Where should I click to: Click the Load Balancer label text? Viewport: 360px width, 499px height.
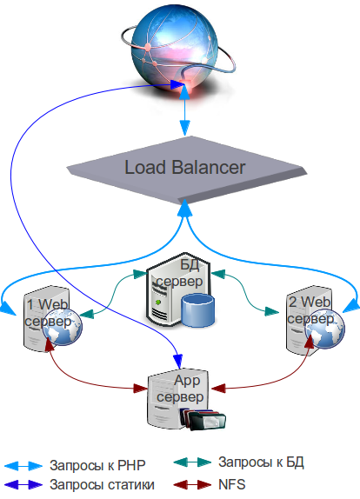(x=184, y=168)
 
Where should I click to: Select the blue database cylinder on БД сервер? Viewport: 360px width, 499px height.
(x=197, y=310)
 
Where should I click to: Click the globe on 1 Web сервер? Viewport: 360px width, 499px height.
(x=63, y=327)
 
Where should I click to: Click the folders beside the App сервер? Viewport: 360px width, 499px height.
(x=203, y=419)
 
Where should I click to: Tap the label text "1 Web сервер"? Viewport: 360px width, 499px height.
(x=48, y=313)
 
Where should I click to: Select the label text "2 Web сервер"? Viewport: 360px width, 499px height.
(x=310, y=310)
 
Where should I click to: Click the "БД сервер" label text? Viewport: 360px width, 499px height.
(x=179, y=273)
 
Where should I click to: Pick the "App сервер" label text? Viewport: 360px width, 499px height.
(x=180, y=389)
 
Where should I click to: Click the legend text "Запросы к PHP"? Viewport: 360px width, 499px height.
(x=97, y=466)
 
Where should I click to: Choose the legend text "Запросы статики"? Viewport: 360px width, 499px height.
(x=103, y=485)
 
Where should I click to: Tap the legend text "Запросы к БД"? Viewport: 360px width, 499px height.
(x=261, y=462)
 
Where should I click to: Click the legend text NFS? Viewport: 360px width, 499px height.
(x=231, y=484)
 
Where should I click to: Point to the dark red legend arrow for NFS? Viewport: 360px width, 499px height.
(x=192, y=485)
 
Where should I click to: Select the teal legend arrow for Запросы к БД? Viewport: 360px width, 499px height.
(x=192, y=462)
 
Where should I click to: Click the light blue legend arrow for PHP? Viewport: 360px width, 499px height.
(x=23, y=466)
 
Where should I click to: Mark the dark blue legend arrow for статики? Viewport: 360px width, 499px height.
(x=23, y=485)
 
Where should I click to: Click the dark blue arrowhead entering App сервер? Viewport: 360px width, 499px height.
(x=178, y=362)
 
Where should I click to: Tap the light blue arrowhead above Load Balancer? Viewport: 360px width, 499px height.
(x=185, y=129)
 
